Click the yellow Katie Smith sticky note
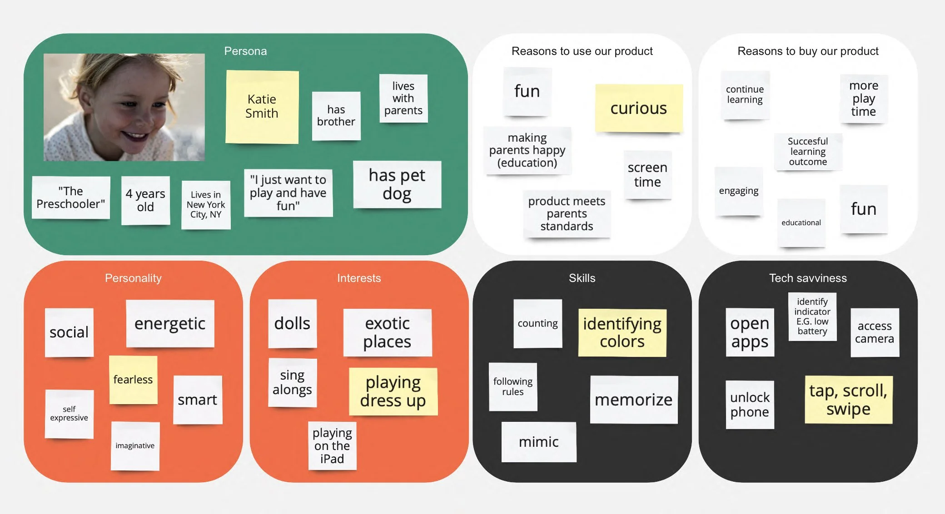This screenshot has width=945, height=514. [x=262, y=107]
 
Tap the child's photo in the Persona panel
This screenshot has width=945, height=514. [x=124, y=107]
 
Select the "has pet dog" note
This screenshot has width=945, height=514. [x=397, y=184]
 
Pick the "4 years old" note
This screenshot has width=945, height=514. [x=145, y=200]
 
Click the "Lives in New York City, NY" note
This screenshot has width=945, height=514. [x=206, y=205]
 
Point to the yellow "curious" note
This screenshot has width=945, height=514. [x=638, y=108]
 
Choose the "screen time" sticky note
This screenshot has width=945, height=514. [x=647, y=175]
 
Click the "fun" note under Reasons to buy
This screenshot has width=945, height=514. [x=863, y=209]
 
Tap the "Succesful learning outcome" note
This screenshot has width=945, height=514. [x=808, y=152]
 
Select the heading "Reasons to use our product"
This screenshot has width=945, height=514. [x=582, y=51]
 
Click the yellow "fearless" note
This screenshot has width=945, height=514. [x=133, y=380]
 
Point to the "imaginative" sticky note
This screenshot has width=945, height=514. [x=135, y=446]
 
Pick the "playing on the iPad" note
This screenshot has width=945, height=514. [x=332, y=446]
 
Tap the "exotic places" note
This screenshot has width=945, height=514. [x=387, y=332]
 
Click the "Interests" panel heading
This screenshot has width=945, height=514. [x=359, y=278]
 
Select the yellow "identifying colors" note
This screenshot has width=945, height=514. [x=622, y=332]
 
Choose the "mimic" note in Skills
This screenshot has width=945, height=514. [x=539, y=442]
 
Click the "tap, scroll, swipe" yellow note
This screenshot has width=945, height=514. [x=848, y=400]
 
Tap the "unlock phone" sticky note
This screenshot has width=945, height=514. [x=750, y=405]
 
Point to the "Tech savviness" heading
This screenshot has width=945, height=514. [x=808, y=278]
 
